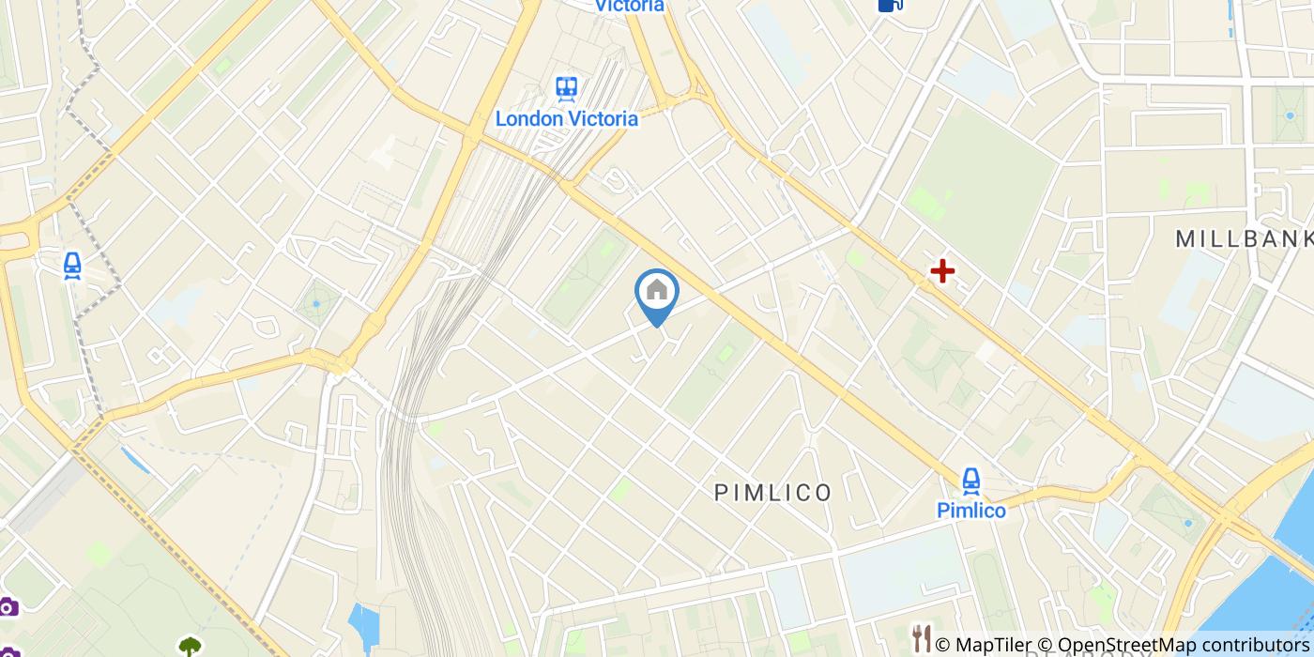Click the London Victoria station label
pyautogui.click(x=566, y=119)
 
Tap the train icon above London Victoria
pyautogui.click(x=566, y=89)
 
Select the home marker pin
pyautogui.click(x=657, y=292)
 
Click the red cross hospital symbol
pyautogui.click(x=941, y=272)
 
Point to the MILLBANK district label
pyautogui.click(x=1244, y=239)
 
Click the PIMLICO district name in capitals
pyautogui.click(x=773, y=493)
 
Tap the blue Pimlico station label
pyautogui.click(x=971, y=511)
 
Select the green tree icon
pyautogui.click(x=191, y=647)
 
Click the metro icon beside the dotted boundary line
pyautogui.click(x=72, y=267)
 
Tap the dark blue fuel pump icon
pyautogui.click(x=890, y=5)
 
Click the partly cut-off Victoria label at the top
pyautogui.click(x=630, y=6)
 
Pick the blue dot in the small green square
pyautogui.click(x=316, y=303)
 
